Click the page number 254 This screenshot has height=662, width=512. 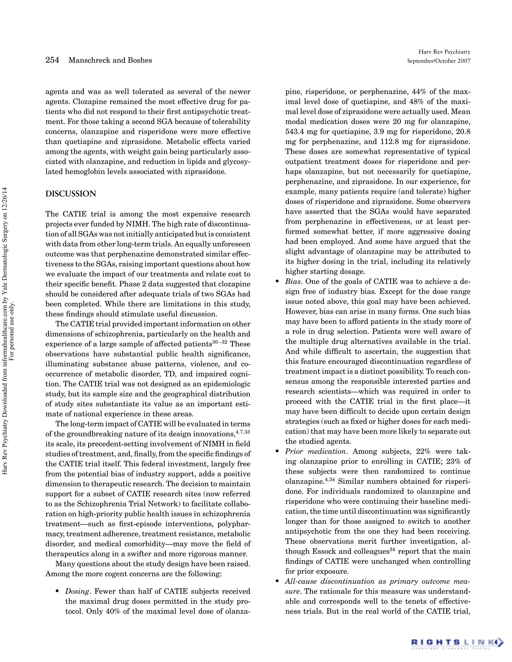pos(52,60)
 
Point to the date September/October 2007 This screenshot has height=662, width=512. pos(438,61)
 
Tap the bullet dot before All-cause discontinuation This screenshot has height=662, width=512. pos(277,581)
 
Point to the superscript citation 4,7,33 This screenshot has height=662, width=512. pos(243,431)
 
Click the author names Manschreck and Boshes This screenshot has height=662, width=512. pos(110,60)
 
